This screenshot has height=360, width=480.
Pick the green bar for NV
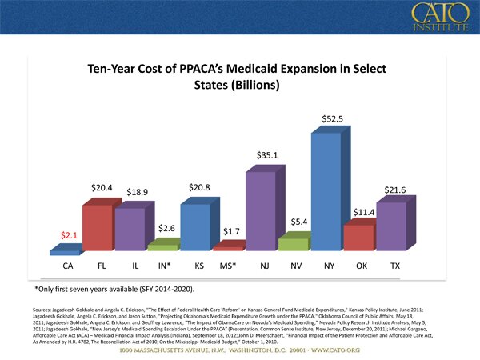[x=293, y=243]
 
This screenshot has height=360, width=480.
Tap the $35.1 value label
[x=267, y=155]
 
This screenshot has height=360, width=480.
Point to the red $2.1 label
[x=69, y=235]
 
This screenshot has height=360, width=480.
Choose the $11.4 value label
[x=365, y=212]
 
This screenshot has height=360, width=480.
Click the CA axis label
[x=69, y=265]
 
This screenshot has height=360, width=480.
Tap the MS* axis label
[x=230, y=265]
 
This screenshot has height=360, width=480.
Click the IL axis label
[x=133, y=265]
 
